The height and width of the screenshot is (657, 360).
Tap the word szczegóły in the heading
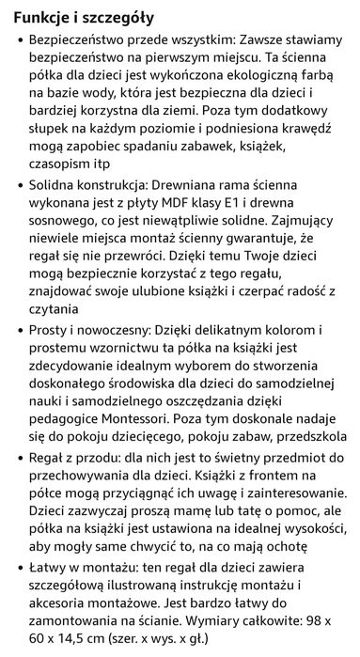click(125, 18)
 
